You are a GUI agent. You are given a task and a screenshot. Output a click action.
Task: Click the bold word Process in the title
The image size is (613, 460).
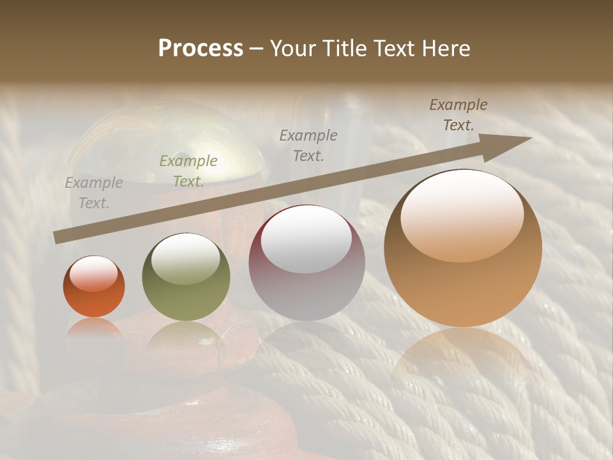[x=201, y=49]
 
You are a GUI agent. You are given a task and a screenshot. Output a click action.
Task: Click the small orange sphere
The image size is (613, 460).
[x=94, y=287]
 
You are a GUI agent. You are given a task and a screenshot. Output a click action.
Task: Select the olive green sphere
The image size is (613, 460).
[x=186, y=277]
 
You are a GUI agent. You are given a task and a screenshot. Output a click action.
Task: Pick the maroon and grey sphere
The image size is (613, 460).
[x=306, y=263]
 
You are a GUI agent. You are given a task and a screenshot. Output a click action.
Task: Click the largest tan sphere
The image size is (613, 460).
[x=462, y=248]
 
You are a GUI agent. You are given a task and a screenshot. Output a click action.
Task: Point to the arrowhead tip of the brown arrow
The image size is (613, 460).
[x=531, y=137]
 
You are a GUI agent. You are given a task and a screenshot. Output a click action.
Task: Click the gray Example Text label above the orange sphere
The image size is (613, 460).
[x=93, y=193]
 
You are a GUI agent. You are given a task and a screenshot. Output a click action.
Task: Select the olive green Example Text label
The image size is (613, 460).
[x=188, y=171]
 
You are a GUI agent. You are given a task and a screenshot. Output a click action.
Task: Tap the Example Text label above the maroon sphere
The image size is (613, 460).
[x=308, y=145]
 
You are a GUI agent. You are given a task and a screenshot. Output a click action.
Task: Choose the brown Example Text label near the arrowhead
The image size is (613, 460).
[x=458, y=115]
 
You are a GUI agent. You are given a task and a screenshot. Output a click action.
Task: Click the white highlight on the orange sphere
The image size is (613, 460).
[x=94, y=273]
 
